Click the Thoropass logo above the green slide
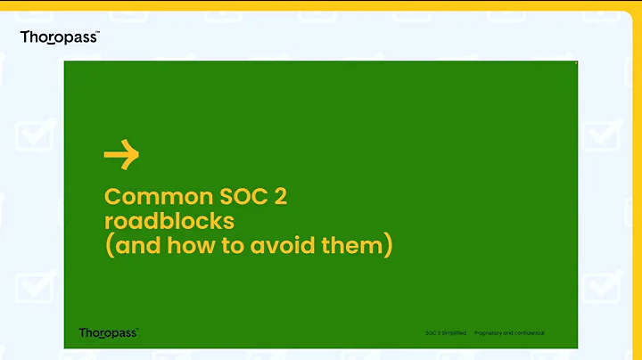click(x=59, y=37)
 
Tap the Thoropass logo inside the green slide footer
click(x=108, y=332)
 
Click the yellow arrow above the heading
click(x=121, y=156)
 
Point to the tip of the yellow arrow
click(x=137, y=156)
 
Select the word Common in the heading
click(x=147, y=196)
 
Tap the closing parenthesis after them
click(x=388, y=245)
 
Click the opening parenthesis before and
click(x=109, y=245)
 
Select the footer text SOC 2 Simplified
click(x=445, y=333)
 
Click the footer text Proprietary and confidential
click(x=509, y=333)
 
